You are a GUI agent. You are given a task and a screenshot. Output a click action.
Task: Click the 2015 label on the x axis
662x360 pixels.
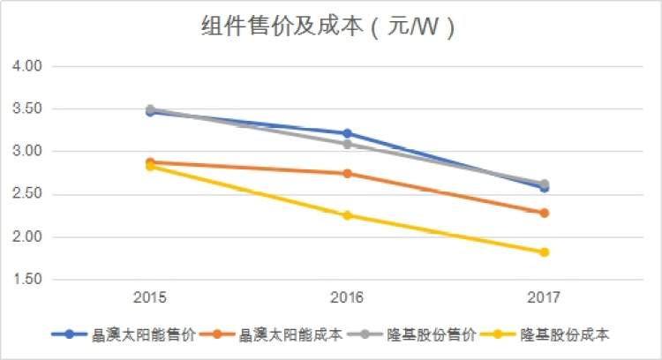pyautogui.click(x=150, y=297)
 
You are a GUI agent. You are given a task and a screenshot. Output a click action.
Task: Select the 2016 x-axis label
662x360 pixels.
pyautogui.click(x=347, y=297)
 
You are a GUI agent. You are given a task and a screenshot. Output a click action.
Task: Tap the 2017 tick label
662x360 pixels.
pyautogui.click(x=544, y=297)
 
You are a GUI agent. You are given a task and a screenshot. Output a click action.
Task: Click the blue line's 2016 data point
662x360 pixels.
pyautogui.click(x=347, y=133)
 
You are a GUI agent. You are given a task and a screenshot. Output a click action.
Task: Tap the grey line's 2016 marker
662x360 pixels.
pyautogui.click(x=347, y=144)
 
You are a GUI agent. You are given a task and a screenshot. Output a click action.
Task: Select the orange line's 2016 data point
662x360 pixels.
pyautogui.click(x=347, y=174)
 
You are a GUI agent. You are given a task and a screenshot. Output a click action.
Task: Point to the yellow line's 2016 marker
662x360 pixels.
pyautogui.click(x=347, y=215)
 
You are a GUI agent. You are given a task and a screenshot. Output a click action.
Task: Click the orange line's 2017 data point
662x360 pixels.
pyautogui.click(x=544, y=213)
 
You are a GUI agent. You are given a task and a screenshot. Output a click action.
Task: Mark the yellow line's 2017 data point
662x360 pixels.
pyautogui.click(x=544, y=252)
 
